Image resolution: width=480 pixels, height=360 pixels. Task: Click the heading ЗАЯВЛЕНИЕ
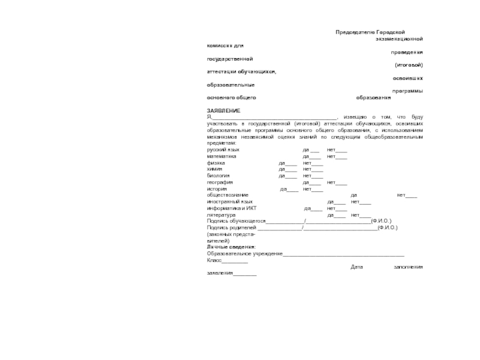224,110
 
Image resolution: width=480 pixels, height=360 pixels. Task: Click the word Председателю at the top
355,32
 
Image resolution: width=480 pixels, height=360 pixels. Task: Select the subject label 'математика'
221,156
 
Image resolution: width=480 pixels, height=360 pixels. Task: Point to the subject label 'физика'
216,163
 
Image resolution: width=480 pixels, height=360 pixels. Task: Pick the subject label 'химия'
215,169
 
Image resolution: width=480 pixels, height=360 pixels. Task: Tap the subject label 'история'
217,189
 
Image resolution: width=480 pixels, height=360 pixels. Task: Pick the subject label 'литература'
221,215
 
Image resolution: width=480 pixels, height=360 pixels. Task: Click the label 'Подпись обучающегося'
236,221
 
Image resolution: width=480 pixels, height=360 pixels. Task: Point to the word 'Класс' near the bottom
215,260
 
